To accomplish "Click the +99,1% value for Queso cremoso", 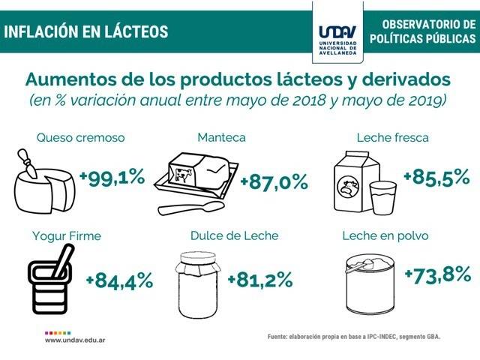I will coord(112,178).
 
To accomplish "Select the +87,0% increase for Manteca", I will coord(274,182).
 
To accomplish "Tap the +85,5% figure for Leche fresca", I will coord(436,178).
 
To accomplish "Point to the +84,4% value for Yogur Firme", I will coord(119,281).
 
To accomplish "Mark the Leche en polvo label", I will coord(385,235).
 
